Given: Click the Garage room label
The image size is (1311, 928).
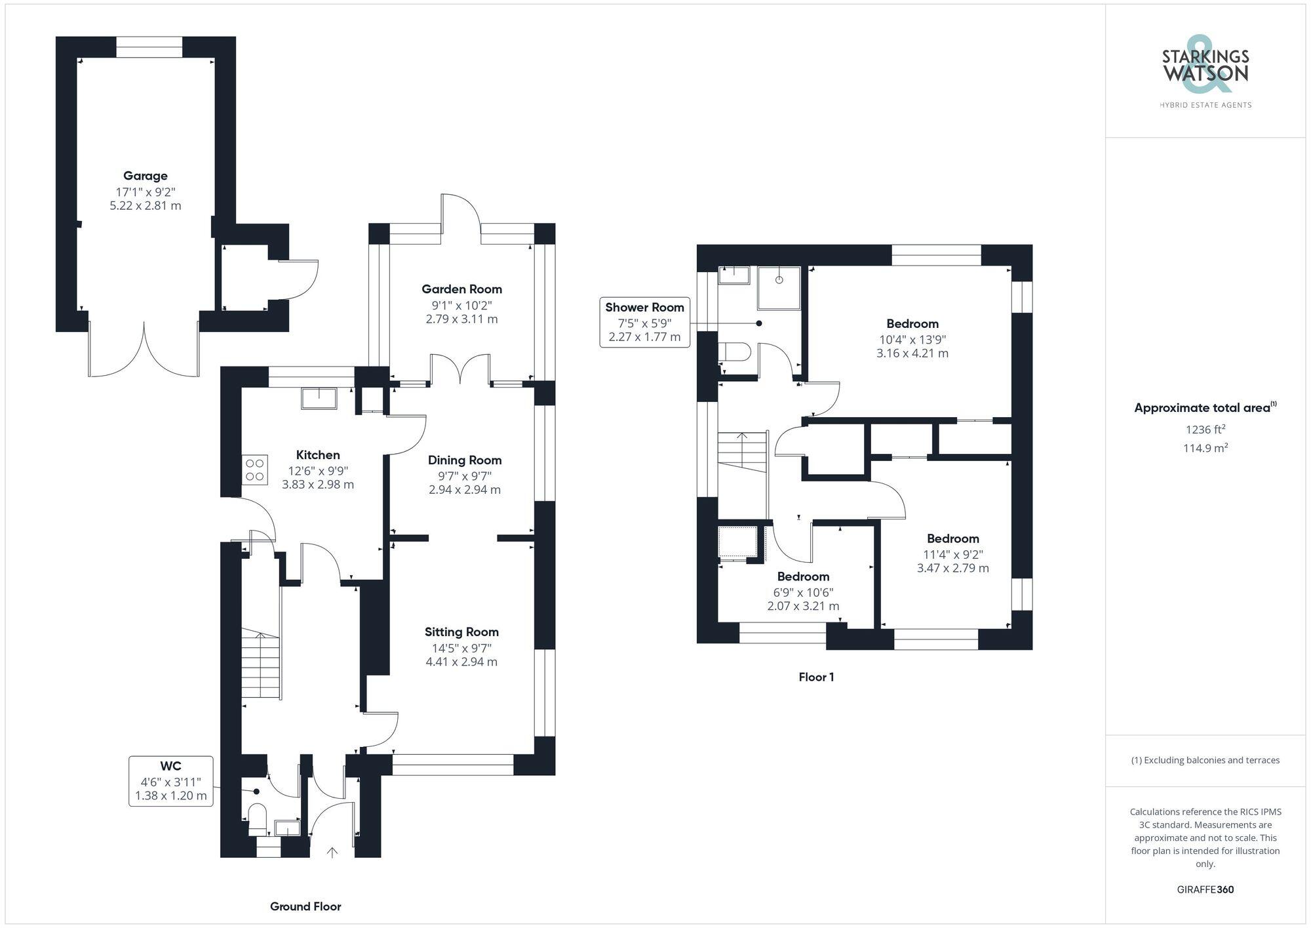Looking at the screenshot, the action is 145,176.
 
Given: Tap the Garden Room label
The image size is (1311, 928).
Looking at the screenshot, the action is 461,289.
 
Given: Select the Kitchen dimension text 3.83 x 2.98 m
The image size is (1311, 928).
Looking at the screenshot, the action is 318,485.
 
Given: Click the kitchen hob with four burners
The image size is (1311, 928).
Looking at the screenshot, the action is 255,470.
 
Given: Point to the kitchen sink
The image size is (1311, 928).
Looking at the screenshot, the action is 319,398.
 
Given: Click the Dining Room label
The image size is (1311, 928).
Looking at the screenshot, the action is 464,460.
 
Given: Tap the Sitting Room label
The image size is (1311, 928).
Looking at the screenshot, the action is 461,632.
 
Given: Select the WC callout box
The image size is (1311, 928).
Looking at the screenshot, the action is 171,780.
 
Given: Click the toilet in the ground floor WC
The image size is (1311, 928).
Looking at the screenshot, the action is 258,817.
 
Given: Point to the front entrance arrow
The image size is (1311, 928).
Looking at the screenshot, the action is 332,853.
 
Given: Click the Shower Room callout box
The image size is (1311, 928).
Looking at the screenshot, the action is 644,322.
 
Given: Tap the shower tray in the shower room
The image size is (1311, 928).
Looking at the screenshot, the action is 779,287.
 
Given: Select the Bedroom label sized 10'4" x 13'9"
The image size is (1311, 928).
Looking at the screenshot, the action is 912,324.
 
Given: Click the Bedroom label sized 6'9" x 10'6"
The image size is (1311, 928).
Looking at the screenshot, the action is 803,577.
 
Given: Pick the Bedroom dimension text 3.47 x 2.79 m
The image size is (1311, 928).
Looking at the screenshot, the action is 952,568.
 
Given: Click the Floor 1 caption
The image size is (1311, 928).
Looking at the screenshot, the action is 816,677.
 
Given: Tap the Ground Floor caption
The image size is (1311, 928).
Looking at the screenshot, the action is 305,906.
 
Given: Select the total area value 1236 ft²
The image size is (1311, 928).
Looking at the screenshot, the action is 1205,430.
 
